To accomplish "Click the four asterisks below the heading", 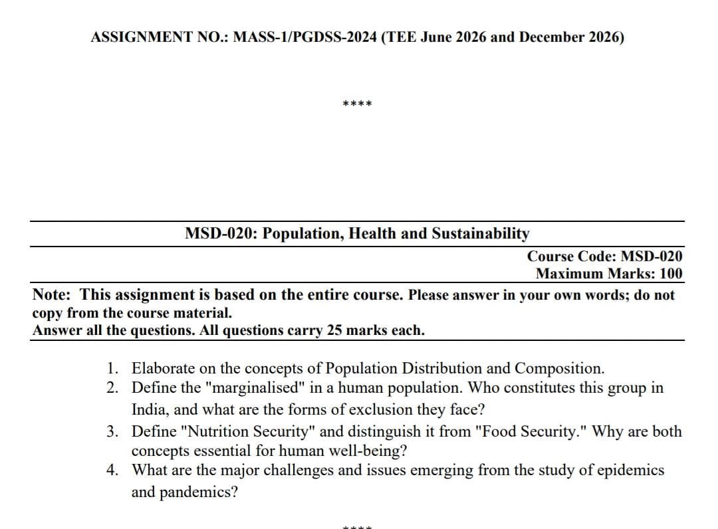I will point(357,104).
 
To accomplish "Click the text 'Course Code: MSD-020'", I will point(604,256).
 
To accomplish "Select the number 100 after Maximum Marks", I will point(669,273).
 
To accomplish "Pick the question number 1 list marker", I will point(114,368).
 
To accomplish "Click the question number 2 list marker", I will point(114,387).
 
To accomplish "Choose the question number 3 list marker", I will point(114,432).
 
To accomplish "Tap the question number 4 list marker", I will point(114,471).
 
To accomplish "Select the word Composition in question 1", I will point(559,368).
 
